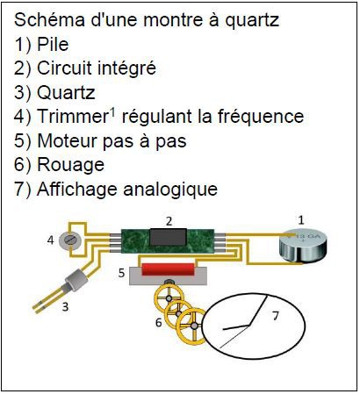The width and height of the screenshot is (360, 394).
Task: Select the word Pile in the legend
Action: point(53,44)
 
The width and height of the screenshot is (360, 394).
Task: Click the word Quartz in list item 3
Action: point(66,93)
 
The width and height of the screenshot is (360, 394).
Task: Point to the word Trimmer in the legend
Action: point(73,117)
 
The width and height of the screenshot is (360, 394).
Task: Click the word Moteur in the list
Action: point(67,140)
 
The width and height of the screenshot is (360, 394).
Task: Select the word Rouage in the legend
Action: point(71,166)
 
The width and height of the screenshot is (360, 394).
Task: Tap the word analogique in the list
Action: point(170,190)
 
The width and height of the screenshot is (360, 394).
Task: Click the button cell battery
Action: point(301,246)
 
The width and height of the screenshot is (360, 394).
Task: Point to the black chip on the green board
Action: point(168,237)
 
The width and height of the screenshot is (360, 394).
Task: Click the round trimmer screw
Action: point(70,241)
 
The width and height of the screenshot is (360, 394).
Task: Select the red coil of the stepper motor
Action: point(169,269)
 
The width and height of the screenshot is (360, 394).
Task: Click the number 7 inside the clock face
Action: point(276,316)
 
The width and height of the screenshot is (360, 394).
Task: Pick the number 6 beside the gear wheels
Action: point(159,322)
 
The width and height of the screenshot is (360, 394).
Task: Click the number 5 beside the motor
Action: point(122,273)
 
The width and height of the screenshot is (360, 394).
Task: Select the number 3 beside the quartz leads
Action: point(65,307)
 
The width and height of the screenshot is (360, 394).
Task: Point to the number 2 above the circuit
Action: point(169,221)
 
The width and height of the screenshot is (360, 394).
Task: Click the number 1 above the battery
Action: point(301,220)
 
